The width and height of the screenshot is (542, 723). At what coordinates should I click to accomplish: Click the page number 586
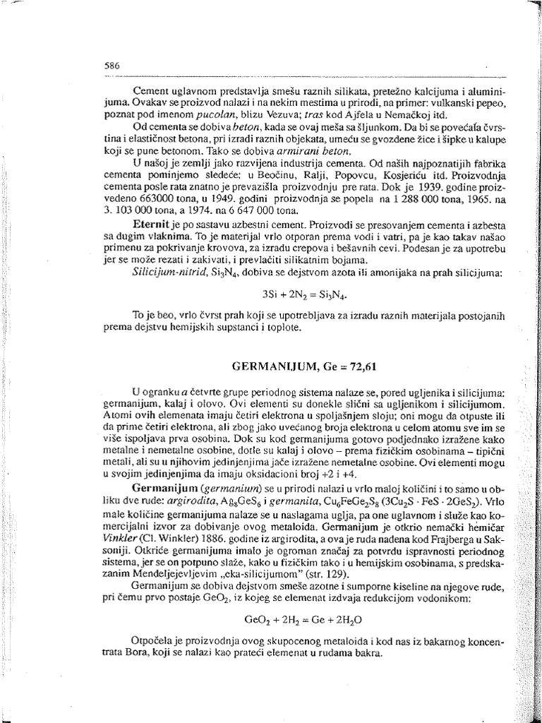click(x=112, y=64)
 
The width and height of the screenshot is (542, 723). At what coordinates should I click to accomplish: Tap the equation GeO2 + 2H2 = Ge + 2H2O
click(x=303, y=621)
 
